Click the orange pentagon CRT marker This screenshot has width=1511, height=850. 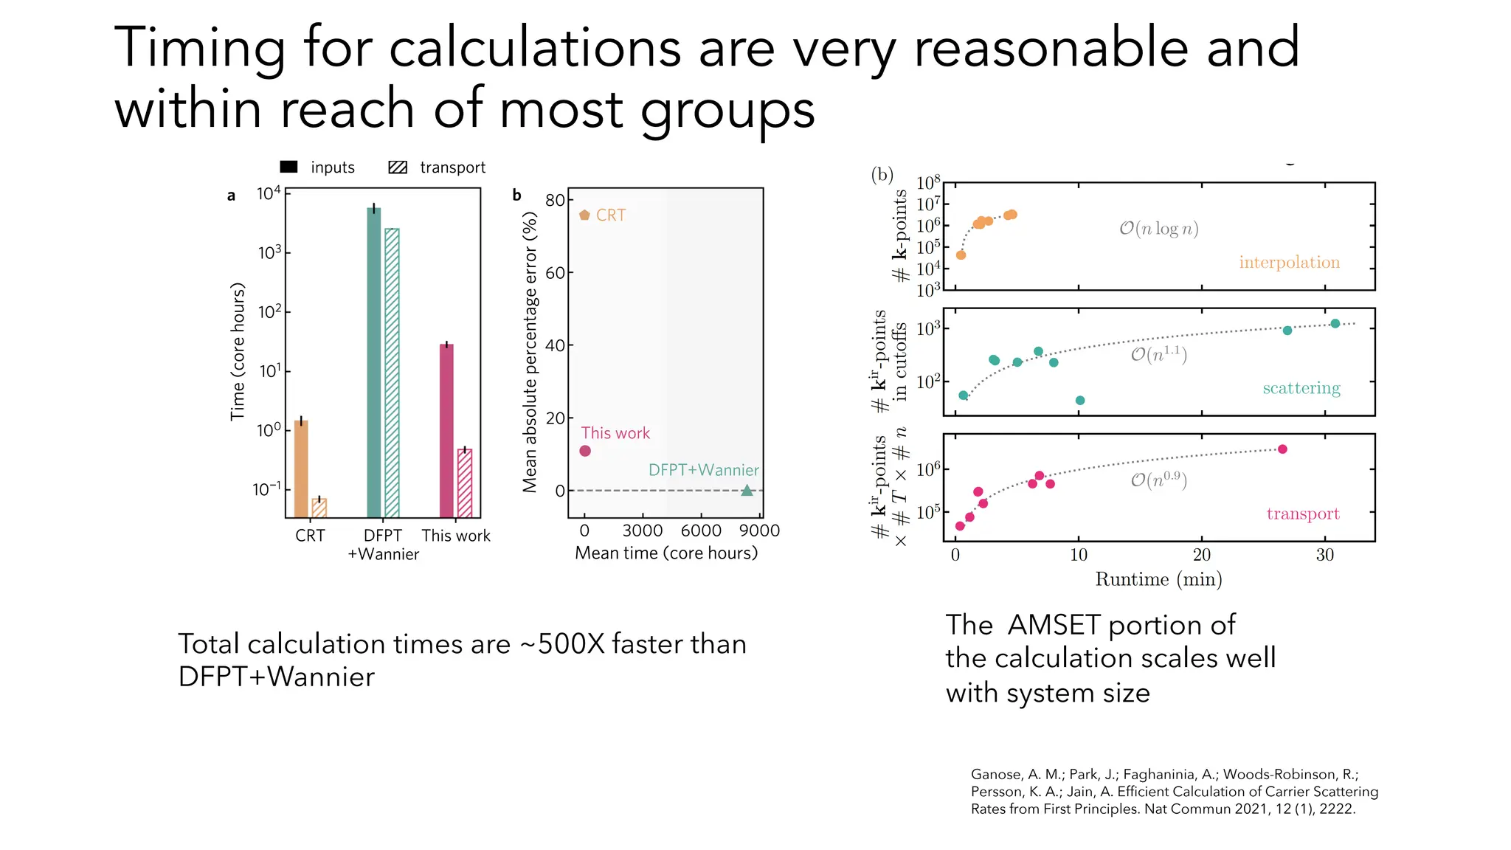(x=584, y=215)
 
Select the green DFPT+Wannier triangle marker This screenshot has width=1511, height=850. (x=747, y=490)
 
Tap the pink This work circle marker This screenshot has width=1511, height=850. (x=585, y=451)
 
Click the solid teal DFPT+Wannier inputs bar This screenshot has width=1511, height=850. (x=374, y=362)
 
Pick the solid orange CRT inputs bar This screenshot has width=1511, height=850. (x=301, y=469)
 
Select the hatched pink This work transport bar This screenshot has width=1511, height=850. (x=465, y=483)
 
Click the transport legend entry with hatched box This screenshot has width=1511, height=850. (x=437, y=167)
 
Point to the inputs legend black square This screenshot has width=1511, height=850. (x=289, y=167)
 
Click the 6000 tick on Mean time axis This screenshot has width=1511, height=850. (x=701, y=531)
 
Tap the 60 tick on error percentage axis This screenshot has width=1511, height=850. (x=555, y=273)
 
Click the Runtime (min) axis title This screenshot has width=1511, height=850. (x=1158, y=579)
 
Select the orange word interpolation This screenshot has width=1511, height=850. (x=1289, y=263)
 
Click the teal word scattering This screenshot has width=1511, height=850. (x=1301, y=388)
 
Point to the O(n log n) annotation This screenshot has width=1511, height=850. (x=1158, y=229)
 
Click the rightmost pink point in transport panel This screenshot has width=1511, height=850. (x=1282, y=449)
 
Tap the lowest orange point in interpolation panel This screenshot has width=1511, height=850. (x=961, y=255)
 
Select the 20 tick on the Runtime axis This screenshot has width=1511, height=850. (x=1202, y=555)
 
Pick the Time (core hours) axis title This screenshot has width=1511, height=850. (x=237, y=351)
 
